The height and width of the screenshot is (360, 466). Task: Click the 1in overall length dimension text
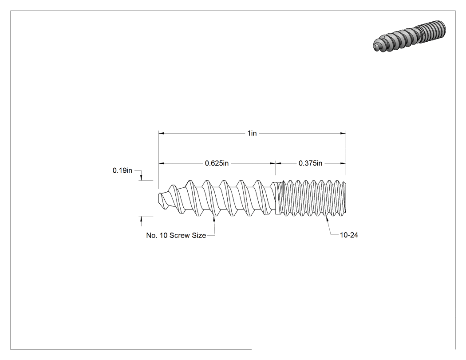coord(252,133)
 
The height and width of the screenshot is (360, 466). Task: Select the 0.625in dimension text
coord(217,163)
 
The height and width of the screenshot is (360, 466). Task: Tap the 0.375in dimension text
coord(310,163)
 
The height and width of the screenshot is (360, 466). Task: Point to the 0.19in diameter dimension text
coord(122,170)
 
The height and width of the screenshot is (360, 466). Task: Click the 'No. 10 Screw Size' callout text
coord(176,235)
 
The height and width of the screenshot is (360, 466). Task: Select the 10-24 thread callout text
coord(349,235)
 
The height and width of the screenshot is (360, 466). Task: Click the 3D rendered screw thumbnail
coord(410,36)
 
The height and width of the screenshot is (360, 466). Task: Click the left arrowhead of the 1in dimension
coord(162,134)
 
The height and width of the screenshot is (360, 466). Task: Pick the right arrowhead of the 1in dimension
coord(343,134)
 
